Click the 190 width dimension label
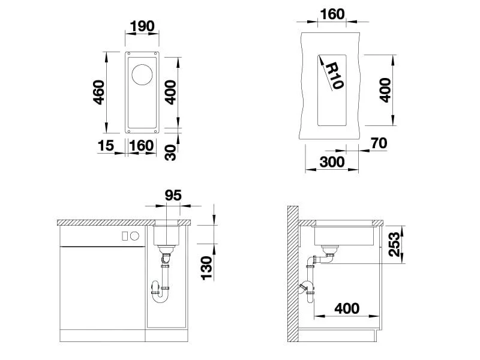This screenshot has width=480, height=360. point(142,26)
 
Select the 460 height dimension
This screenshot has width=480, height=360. point(98,92)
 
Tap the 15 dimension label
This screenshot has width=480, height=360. point(106,146)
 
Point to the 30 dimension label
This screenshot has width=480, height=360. point(170,153)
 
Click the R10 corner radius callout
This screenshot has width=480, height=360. point(334,76)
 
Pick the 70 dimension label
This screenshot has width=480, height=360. point(379,143)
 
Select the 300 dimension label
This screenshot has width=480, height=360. point(332,162)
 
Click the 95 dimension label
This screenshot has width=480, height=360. point(173,196)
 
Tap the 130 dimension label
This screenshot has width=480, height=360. point(206,268)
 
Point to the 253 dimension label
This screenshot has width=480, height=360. point(394,244)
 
